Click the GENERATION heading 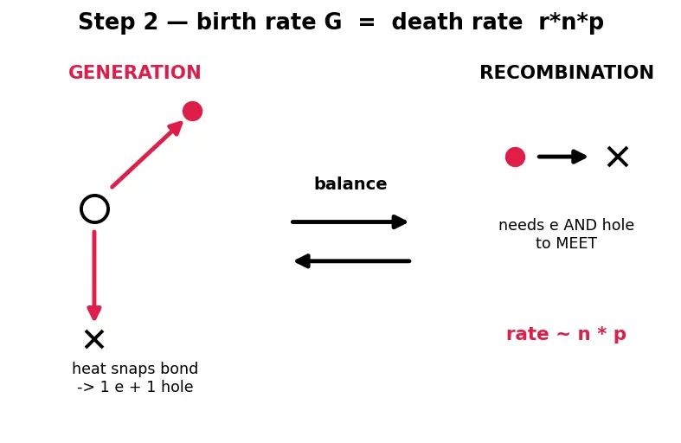point(135,72)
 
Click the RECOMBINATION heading point(566,72)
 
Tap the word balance point(350,183)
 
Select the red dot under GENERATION point(192,112)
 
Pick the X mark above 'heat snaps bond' point(94,339)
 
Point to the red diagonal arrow point(147,154)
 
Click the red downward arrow point(94,275)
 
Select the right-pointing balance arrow point(349,222)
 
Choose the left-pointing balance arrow point(353,261)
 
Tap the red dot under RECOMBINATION point(515,157)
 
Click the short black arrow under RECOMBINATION point(562,157)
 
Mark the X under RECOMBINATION point(618,157)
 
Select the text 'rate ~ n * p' point(566,334)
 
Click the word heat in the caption point(88,369)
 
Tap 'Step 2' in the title point(118,22)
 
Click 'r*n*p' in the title point(571,22)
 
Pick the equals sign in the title point(367,22)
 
